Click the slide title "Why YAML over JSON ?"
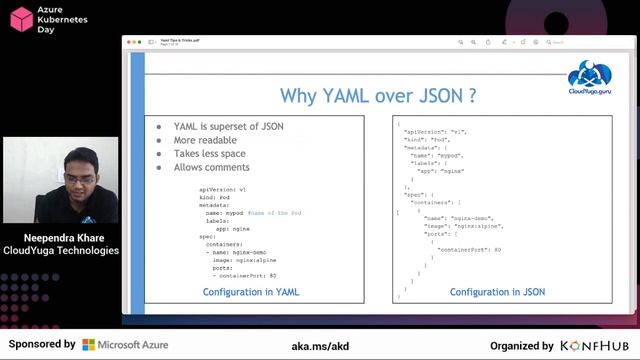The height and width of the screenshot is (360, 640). click(x=377, y=96)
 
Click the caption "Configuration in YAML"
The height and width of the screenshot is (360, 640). click(x=250, y=292)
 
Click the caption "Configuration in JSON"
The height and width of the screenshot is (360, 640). click(x=497, y=292)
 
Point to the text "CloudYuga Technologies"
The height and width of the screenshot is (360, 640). click(x=61, y=251)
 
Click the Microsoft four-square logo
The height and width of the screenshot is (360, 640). click(x=89, y=345)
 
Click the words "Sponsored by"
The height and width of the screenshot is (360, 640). click(x=41, y=345)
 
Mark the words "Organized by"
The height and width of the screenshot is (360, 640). click(x=522, y=345)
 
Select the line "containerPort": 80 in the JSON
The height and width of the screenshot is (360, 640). click(x=470, y=248)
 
